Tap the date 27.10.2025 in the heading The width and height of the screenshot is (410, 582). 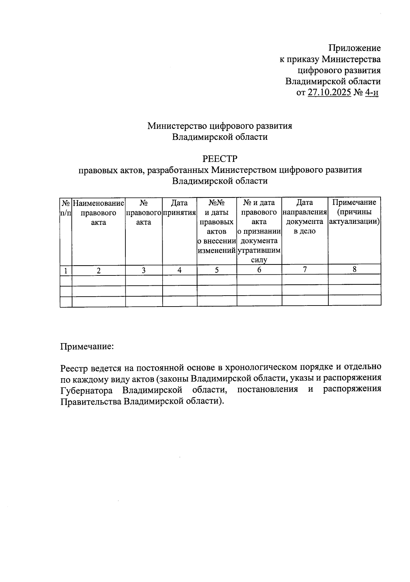[329, 93]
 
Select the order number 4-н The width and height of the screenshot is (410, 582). [371, 93]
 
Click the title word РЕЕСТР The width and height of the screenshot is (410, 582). [220, 159]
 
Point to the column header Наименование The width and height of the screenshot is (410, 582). [98, 203]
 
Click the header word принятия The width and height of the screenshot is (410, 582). [179, 213]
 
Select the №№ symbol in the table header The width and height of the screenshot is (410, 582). [216, 203]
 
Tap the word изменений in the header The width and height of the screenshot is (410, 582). [217, 251]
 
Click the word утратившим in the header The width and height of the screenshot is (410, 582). [259, 251]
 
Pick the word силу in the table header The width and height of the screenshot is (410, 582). [259, 260]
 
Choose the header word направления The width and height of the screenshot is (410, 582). [305, 213]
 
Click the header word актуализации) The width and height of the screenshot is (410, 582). [354, 221]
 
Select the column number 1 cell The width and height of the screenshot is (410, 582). [66, 271]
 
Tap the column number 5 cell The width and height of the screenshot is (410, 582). [217, 270]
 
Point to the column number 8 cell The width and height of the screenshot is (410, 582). [355, 269]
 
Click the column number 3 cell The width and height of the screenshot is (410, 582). [144, 270]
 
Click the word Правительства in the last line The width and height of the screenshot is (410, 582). [91, 401]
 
